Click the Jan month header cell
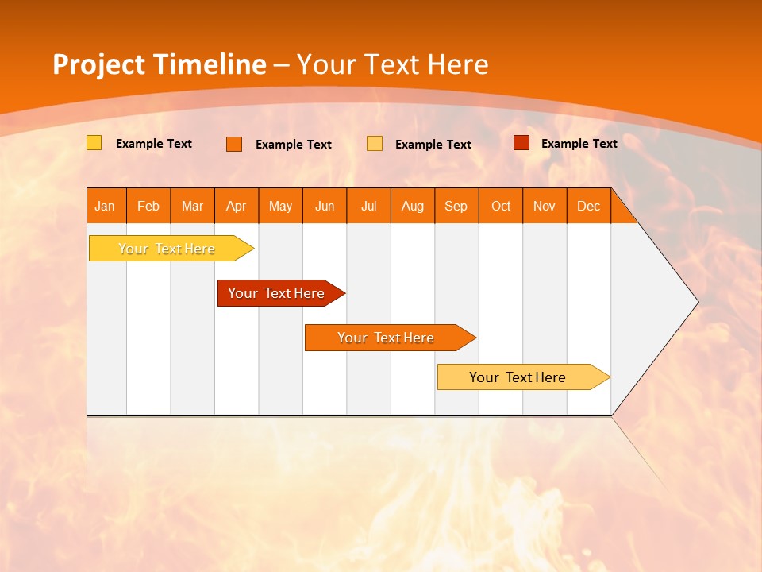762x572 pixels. (x=106, y=206)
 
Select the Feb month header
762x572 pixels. (x=148, y=206)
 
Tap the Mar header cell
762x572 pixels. (x=192, y=206)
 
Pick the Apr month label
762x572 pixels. (x=237, y=206)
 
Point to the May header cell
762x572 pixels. (x=280, y=206)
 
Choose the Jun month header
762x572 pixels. (x=325, y=206)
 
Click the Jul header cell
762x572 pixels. (x=368, y=206)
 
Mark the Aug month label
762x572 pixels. (x=413, y=206)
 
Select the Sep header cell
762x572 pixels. (x=456, y=206)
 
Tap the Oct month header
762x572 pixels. (x=501, y=206)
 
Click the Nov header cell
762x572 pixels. (x=545, y=206)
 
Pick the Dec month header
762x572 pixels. (x=589, y=206)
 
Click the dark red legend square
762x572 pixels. (x=521, y=143)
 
